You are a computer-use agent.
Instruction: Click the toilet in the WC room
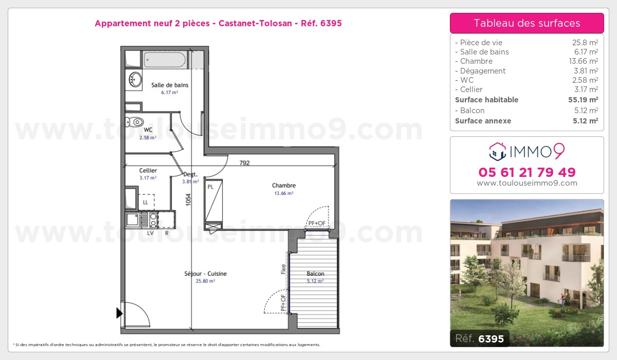pyautogui.click(x=135, y=122)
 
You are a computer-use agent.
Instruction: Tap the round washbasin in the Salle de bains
pyautogui.click(x=135, y=80)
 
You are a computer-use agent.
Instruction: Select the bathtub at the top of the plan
pyautogui.click(x=165, y=60)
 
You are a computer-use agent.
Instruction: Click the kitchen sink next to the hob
pyautogui.click(x=133, y=220)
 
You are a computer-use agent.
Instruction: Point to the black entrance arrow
pyautogui.click(x=119, y=313)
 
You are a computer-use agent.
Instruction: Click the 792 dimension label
pyautogui.click(x=244, y=163)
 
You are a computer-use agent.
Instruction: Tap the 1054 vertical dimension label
pyautogui.click(x=188, y=200)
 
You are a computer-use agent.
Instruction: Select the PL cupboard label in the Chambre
pyautogui.click(x=210, y=187)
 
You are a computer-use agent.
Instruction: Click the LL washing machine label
pyautogui.click(x=146, y=203)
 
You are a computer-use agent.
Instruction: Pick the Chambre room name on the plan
pyautogui.click(x=284, y=185)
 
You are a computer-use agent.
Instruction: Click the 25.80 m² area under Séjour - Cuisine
pyautogui.click(x=205, y=281)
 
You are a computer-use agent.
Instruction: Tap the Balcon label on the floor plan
pyautogui.click(x=315, y=274)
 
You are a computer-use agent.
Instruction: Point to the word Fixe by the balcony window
pyautogui.click(x=283, y=269)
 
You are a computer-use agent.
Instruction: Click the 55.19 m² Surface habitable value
pyautogui.click(x=583, y=100)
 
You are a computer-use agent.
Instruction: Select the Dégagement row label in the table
pyautogui.click(x=480, y=71)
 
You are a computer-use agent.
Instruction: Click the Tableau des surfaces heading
pyautogui.click(x=527, y=23)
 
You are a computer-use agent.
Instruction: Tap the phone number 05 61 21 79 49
pyautogui.click(x=527, y=172)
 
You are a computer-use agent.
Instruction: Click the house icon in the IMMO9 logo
pyautogui.click(x=498, y=152)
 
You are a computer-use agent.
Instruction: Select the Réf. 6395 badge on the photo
pyautogui.click(x=480, y=338)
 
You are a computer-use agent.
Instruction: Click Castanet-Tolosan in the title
pyautogui.click(x=255, y=23)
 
